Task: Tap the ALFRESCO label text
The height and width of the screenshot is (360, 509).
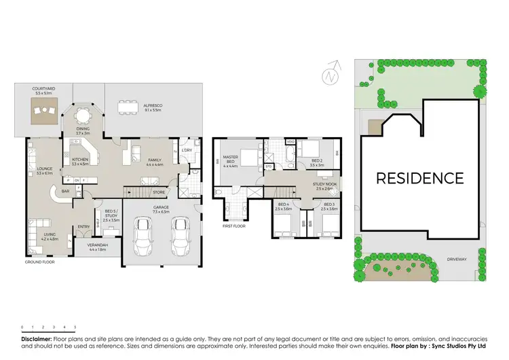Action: point(152,107)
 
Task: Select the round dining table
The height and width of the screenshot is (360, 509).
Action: point(82,113)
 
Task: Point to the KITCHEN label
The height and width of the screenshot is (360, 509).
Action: point(81,160)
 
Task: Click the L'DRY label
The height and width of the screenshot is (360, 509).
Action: point(186,149)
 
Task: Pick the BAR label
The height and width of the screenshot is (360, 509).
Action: point(65,191)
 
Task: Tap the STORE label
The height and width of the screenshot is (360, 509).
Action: point(158,192)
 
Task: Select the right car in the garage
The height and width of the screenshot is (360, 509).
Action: point(180,234)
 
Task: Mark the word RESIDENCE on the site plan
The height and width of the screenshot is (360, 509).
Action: point(420,179)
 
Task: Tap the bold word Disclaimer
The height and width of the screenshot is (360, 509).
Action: point(37,338)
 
